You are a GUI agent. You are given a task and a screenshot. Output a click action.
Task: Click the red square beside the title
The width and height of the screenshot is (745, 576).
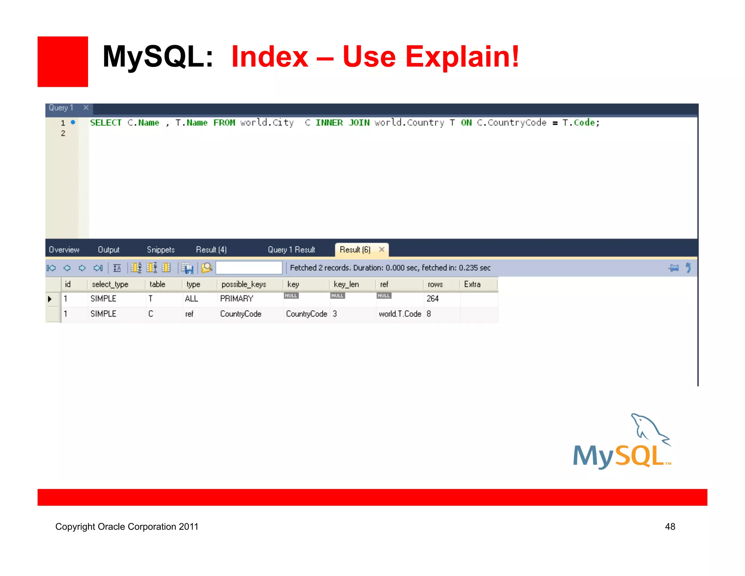[63, 62]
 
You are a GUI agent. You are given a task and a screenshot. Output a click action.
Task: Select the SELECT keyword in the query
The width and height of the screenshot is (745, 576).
[105, 123]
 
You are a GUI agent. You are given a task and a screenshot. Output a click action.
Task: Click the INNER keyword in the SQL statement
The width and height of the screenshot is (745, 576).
[329, 123]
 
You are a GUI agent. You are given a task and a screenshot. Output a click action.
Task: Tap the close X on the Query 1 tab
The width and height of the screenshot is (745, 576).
[86, 107]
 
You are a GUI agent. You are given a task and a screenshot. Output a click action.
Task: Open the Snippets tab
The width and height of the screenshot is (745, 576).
[160, 250]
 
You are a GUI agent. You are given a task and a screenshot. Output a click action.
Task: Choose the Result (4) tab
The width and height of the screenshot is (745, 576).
[211, 250]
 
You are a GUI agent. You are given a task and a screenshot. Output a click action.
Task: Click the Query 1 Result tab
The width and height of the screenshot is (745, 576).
[291, 250]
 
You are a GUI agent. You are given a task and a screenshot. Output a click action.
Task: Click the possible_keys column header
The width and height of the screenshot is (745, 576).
[244, 284]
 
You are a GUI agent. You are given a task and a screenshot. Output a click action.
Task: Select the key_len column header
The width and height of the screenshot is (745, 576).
[346, 284]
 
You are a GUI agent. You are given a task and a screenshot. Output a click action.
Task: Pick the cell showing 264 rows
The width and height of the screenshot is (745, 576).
[433, 299]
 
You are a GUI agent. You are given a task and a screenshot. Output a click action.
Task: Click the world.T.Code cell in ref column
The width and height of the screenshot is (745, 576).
[400, 314]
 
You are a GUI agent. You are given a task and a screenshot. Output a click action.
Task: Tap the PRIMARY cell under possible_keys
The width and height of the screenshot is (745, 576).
[236, 299]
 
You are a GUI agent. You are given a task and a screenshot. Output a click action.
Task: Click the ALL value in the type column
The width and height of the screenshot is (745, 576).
[191, 299]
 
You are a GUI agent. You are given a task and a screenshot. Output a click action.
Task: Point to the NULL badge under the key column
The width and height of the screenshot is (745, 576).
[291, 296]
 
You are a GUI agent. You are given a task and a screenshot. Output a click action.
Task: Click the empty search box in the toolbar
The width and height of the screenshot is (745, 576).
[249, 268]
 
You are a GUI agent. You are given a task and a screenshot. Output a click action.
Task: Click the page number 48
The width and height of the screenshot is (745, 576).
[670, 526]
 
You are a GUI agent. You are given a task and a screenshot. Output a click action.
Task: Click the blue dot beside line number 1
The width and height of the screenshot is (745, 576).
[73, 122]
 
